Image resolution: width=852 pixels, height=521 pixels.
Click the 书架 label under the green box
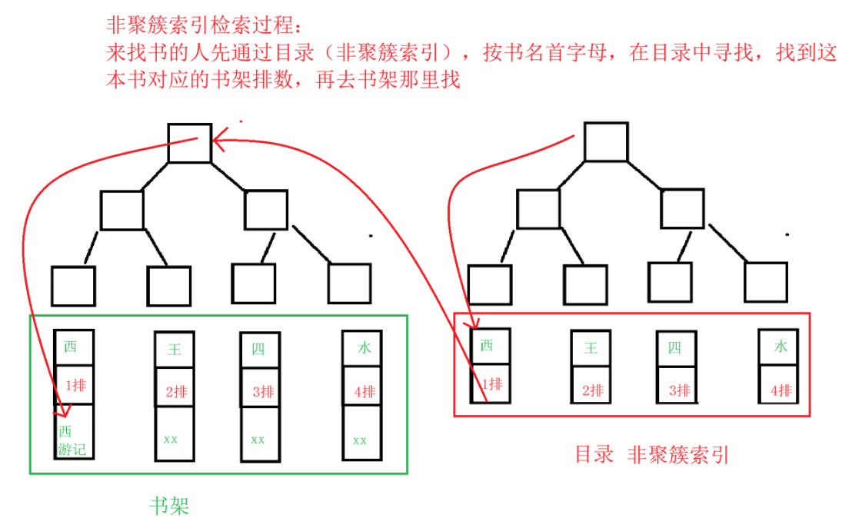pos(168,506)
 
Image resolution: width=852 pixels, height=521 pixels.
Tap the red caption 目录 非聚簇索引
pos(651,455)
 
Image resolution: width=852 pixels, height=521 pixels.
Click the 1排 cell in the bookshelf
pos(75,387)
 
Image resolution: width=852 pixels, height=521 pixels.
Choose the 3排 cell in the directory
pos(677,390)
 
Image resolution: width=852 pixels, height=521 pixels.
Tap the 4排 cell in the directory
pos(780,390)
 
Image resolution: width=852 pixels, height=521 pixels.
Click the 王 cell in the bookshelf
pos(175,350)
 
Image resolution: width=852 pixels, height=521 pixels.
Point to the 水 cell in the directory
pos(780,347)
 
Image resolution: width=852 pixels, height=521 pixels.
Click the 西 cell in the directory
pos(488,346)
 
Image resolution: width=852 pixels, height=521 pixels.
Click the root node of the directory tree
pos(607,141)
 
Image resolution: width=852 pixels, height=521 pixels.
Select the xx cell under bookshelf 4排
pos(361,440)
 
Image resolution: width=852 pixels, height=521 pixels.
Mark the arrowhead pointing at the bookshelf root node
pos(219,140)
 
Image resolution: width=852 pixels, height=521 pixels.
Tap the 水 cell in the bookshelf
pos(364,348)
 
